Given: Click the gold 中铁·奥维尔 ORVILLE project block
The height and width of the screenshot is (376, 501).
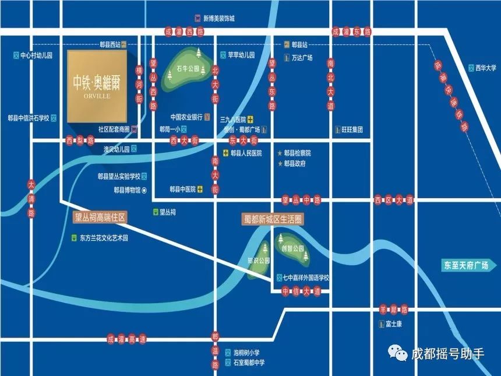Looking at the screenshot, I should click(97, 86).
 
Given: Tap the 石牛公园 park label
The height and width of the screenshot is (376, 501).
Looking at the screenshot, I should click(188, 69).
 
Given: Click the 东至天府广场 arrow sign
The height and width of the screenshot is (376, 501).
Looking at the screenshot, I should click(465, 265).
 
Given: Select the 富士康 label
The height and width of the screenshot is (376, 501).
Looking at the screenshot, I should click(393, 324).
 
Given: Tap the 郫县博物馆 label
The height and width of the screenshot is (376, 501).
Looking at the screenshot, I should click(127, 189).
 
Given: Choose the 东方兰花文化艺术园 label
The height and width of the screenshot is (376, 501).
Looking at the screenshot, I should click(103, 238).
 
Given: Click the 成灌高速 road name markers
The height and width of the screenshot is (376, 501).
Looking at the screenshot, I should click(126, 339).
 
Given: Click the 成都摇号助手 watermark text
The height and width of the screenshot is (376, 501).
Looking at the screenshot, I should click(447, 354).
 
